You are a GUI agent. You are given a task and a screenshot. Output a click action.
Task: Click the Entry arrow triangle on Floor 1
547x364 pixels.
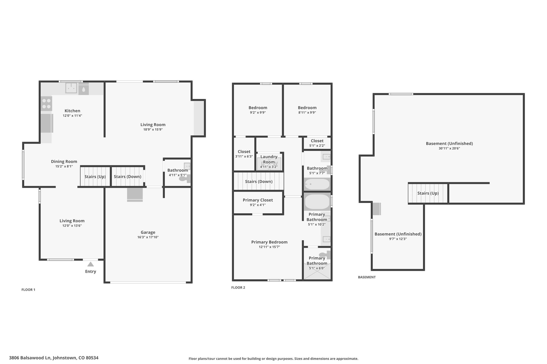coord(91,264)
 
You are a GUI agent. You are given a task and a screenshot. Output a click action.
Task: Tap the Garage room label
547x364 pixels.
coord(148,232)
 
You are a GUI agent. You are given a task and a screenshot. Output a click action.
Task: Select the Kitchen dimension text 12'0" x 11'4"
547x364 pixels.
coord(72,116)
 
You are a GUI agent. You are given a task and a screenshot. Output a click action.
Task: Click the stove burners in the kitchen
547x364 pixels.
coord(46,104)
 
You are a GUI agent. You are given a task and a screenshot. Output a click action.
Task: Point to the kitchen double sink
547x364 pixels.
coord(71,88)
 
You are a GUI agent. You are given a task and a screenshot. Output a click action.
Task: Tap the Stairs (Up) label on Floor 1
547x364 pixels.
coord(95,177)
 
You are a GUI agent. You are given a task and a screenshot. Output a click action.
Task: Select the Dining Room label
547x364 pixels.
coord(64,161)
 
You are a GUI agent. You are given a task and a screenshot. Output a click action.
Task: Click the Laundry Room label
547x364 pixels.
coord(269,159)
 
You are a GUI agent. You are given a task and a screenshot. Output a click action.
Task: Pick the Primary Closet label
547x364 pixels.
coord(258,200)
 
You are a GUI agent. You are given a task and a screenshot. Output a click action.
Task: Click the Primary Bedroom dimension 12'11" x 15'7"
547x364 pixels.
coord(269,247)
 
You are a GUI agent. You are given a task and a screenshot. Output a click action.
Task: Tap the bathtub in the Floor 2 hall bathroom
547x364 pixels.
coord(317,184)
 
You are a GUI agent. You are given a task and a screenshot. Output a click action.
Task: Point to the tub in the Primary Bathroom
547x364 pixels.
coord(317,202)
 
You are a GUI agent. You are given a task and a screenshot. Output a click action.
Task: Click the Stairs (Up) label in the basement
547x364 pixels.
coord(428,193)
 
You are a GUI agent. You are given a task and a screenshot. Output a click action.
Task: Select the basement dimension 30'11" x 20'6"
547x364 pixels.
coord(449,149)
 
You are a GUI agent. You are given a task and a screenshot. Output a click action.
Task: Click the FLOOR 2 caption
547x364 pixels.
coord(238,287)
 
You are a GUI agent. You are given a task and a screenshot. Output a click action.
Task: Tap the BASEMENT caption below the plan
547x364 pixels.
coord(367,277)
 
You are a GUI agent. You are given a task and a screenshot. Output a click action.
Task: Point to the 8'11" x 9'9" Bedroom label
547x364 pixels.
coord(307,108)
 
